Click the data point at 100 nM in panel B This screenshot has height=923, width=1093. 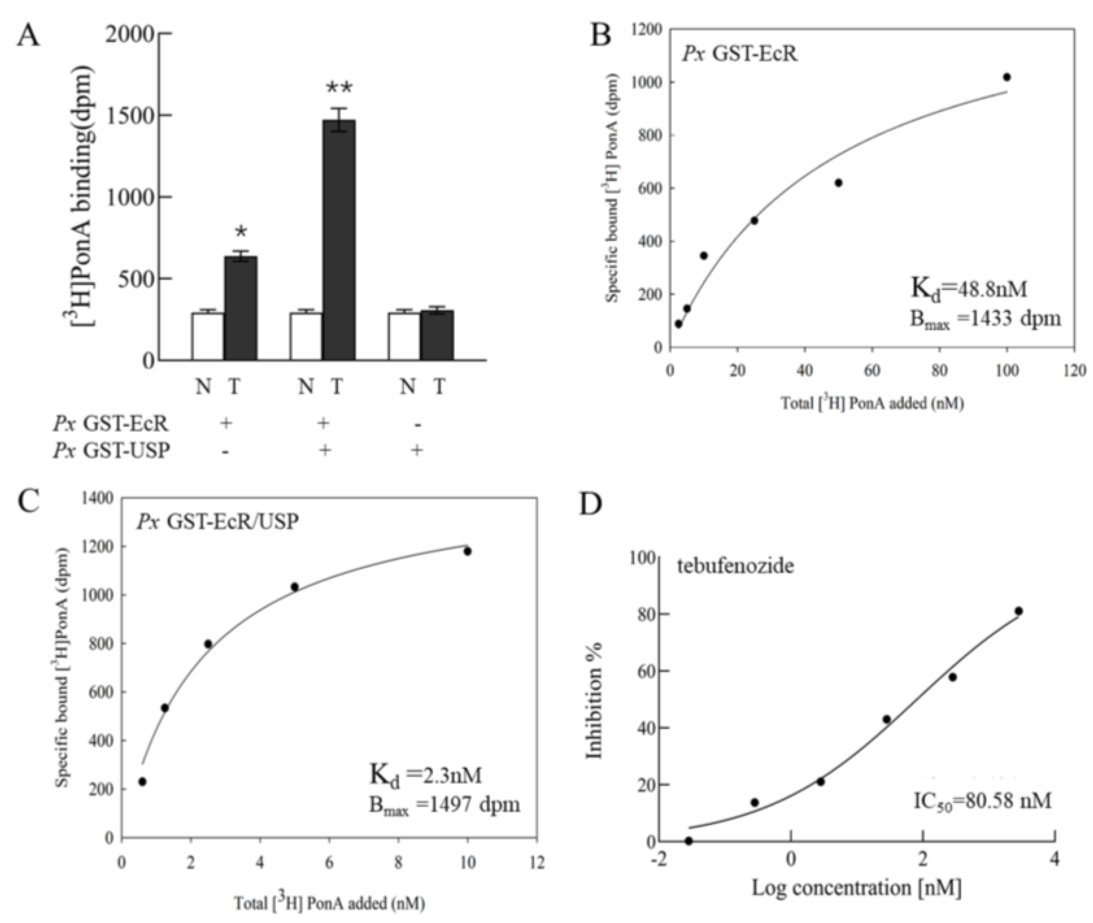(x=1006, y=77)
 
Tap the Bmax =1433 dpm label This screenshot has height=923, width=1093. (x=984, y=319)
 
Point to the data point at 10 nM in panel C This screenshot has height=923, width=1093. (x=467, y=552)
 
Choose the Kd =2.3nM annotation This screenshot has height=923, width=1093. (x=425, y=775)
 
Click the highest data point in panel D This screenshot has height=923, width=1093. (x=1018, y=611)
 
